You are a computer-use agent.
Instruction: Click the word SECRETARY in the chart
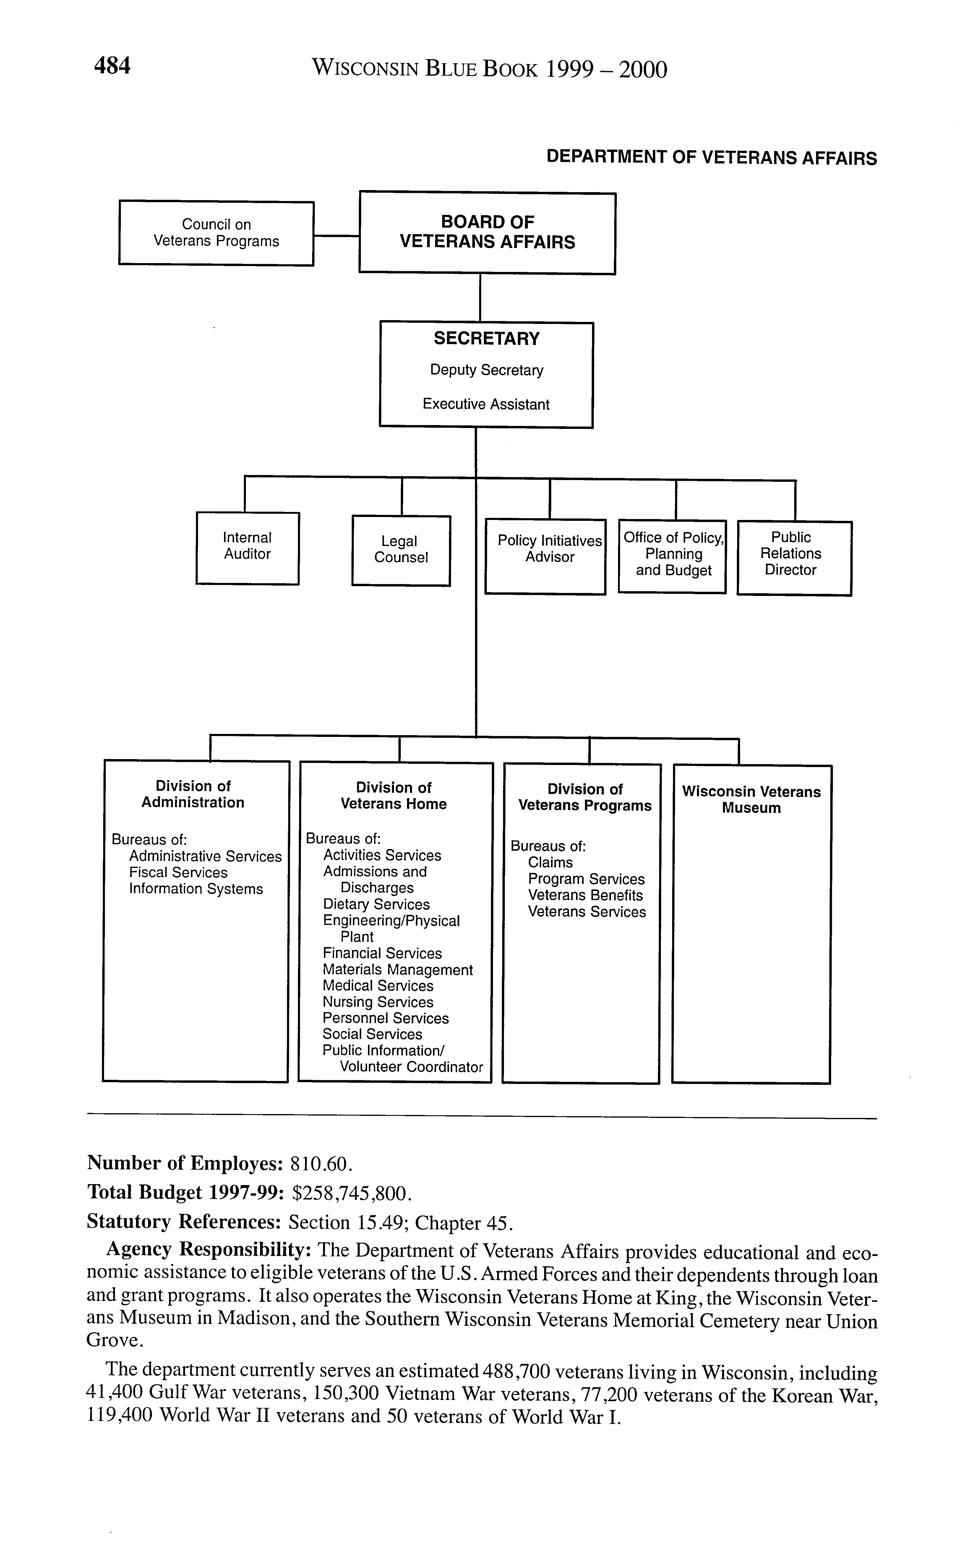tap(486, 338)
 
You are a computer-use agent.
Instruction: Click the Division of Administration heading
tap(193, 794)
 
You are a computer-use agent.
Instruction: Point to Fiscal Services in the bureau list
tap(179, 873)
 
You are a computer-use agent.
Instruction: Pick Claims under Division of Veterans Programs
tap(550, 862)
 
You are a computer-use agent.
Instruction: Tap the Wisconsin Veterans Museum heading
tap(751, 800)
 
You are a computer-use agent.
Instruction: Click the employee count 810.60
tap(320, 1163)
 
